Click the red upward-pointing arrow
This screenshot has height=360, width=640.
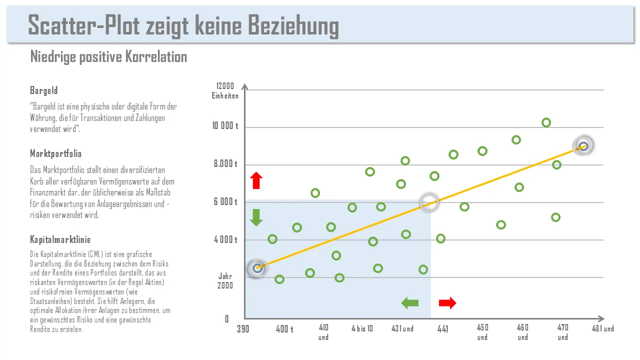click(x=256, y=180)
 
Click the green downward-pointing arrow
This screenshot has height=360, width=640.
click(x=256, y=217)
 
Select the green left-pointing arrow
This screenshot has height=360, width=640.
click(x=410, y=302)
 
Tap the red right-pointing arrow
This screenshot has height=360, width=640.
click(x=447, y=302)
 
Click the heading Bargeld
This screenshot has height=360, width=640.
click(x=44, y=90)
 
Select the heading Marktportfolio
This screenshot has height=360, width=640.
click(x=55, y=153)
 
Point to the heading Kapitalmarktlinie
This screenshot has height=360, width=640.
click(x=60, y=239)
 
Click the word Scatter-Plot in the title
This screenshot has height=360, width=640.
click(x=83, y=25)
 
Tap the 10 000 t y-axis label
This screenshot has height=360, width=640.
click(x=225, y=126)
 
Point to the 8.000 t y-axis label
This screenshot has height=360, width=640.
click(x=226, y=164)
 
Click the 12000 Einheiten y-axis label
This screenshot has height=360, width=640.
click(x=225, y=91)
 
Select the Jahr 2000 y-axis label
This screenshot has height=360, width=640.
click(x=225, y=281)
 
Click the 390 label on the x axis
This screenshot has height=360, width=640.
click(x=243, y=329)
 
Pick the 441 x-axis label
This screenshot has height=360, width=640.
click(x=442, y=329)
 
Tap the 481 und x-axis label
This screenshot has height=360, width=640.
click(x=603, y=328)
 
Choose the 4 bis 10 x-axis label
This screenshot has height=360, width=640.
click(x=362, y=328)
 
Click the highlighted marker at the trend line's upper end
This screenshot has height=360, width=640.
click(x=583, y=146)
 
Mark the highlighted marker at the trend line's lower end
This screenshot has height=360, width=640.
click(x=257, y=268)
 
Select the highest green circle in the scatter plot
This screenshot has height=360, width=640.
click(x=546, y=122)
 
